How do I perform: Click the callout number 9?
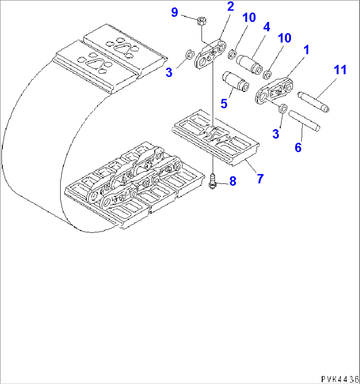pos(174,13)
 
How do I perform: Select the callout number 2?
pos(230,7)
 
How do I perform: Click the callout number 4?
pos(266,27)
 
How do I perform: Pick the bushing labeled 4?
pos(249,63)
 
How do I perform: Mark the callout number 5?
pos(224,103)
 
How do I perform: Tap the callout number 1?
pos(306,50)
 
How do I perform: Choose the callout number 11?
pos(340,70)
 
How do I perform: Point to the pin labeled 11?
pos(313,101)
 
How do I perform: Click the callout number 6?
pos(298,147)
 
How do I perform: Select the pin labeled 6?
pos(304,121)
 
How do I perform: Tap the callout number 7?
pos(260,179)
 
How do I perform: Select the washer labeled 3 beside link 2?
pos(189,54)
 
